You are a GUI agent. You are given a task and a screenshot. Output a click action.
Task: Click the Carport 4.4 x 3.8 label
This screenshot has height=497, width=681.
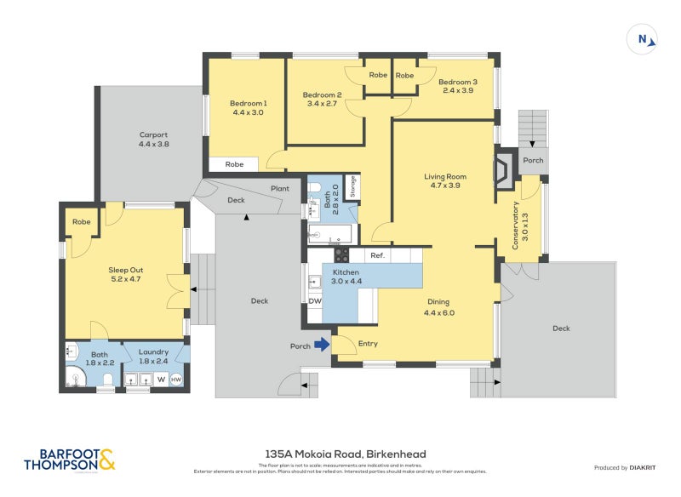click(x=154, y=140)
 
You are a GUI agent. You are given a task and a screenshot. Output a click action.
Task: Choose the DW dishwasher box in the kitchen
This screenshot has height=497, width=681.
click(x=315, y=300)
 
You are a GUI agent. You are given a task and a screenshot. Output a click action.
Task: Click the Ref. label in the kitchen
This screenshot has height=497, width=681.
click(x=377, y=255)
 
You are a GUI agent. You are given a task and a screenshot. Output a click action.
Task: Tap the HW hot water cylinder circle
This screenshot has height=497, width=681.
click(x=176, y=380)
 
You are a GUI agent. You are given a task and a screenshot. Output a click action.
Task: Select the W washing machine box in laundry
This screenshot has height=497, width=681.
click(x=160, y=380)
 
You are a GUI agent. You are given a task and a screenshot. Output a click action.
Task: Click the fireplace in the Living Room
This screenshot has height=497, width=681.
click(x=504, y=169)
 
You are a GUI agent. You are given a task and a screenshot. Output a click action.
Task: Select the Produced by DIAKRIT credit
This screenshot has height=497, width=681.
click(x=627, y=467)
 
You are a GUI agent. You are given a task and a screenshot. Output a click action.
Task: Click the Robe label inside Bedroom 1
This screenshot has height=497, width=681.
click(x=235, y=164)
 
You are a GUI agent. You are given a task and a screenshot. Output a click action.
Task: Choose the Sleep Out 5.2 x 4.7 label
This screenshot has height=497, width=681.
click(x=125, y=274)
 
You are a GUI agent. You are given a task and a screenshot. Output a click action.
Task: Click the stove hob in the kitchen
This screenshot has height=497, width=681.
click(x=340, y=254)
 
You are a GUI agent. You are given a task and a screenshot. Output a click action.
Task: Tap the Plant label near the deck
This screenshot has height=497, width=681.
click(x=279, y=189)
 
